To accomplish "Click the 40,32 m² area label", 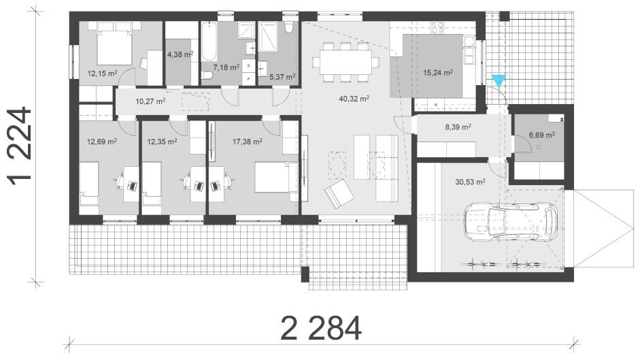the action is click(354, 99).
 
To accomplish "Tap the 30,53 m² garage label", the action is click(471, 182).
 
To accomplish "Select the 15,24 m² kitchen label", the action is click(438, 73).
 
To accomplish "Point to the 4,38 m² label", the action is click(180, 54).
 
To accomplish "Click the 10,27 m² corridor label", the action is click(151, 101).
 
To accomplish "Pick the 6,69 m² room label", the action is click(541, 135).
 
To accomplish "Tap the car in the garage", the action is click(511, 223).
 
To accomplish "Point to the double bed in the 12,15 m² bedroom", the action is click(115, 44).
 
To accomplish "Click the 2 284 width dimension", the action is click(322, 328).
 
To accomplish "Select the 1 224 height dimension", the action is click(20, 146).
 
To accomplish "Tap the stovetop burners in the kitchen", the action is click(437, 27).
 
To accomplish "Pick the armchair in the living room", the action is click(339, 195).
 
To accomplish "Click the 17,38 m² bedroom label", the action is click(248, 142).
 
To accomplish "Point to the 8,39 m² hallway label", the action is click(458, 127).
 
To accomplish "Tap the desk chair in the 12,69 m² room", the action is click(120, 181).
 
